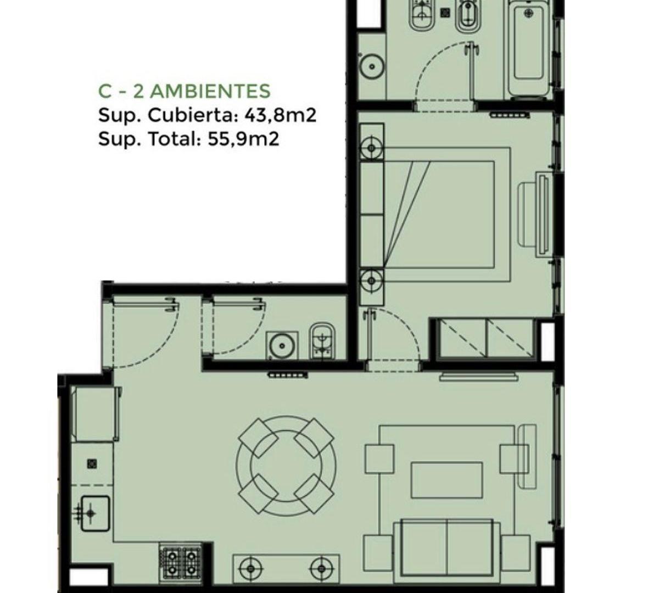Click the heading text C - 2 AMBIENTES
pyautogui.click(x=185, y=91)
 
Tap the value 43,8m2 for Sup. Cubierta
pyautogui.click(x=280, y=115)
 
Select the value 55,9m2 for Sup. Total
pyautogui.click(x=243, y=139)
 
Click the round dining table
pyautogui.click(x=286, y=466)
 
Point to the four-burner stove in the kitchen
pyautogui.click(x=180, y=563)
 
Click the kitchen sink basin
pyautogui.click(x=95, y=513)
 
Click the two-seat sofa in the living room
pyautogui.click(x=446, y=554)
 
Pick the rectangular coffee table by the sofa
pyautogui.click(x=447, y=480)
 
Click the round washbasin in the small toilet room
pyautogui.click(x=282, y=346)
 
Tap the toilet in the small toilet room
pyautogui.click(x=322, y=342)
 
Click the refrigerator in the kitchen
pyautogui.click(x=95, y=415)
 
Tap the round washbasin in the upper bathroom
pyautogui.click(x=372, y=66)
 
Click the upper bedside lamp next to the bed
pyautogui.click(x=372, y=148)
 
